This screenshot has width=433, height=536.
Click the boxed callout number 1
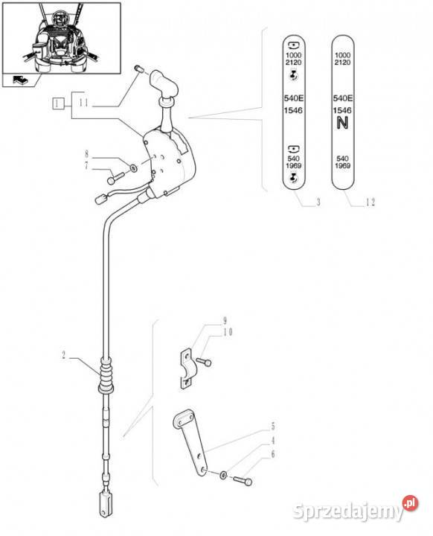tap(58, 103)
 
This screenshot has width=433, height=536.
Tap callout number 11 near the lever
tap(84, 103)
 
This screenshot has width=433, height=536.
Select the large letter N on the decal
tap(342, 123)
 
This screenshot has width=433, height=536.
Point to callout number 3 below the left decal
tap(318, 202)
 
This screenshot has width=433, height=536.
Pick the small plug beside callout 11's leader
tap(139, 68)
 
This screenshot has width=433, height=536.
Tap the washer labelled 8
tap(133, 167)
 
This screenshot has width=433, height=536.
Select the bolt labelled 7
tap(116, 178)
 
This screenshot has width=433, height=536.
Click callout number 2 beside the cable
tap(63, 355)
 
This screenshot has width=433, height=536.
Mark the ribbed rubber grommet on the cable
tap(106, 376)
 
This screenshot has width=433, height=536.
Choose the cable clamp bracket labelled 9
tap(186, 369)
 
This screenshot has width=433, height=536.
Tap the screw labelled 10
tap(204, 361)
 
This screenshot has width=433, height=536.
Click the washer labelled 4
tap(223, 475)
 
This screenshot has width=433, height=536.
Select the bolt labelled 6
tap(243, 480)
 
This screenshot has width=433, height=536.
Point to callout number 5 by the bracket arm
tap(273, 426)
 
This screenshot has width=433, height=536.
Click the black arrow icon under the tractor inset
tap(21, 80)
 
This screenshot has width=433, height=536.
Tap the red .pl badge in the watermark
tap(410, 503)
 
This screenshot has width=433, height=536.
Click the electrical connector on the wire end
tap(101, 199)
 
